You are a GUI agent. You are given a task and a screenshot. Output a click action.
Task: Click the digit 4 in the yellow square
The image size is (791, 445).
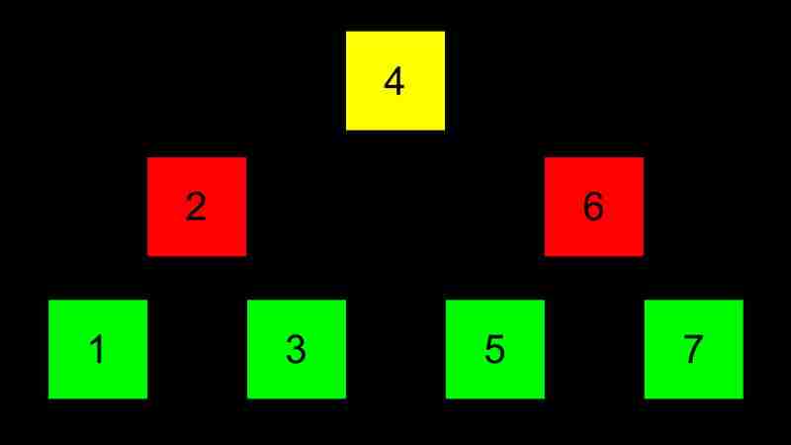pyautogui.click(x=394, y=81)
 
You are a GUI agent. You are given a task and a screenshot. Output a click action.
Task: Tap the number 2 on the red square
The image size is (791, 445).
pyautogui.click(x=196, y=207)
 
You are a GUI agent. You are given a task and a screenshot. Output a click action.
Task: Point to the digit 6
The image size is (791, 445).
pyautogui.click(x=593, y=207)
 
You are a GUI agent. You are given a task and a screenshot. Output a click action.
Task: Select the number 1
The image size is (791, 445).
pyautogui.click(x=97, y=349)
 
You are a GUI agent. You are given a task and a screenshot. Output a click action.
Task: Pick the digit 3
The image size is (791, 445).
pyautogui.click(x=296, y=349)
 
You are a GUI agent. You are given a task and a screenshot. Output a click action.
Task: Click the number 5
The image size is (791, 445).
pyautogui.click(x=494, y=349)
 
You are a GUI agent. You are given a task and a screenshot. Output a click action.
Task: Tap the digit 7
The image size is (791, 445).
pyautogui.click(x=693, y=349)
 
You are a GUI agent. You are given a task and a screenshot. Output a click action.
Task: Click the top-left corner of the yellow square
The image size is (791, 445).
pyautogui.click(x=346, y=32)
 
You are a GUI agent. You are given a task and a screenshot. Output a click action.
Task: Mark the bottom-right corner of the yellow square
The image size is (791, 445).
pyautogui.click(x=445, y=131)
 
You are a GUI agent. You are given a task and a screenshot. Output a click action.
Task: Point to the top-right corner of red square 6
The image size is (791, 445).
pyautogui.click(x=644, y=157)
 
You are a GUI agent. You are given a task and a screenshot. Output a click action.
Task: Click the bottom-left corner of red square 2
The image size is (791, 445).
pyautogui.click(x=147, y=256)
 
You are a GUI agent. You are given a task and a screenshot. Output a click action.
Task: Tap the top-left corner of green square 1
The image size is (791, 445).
pyautogui.click(x=48, y=301)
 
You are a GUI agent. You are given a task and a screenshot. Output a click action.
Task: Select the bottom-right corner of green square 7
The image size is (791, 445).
pyautogui.click(x=744, y=399)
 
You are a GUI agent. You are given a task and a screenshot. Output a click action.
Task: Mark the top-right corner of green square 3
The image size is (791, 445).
pyautogui.click(x=346, y=301)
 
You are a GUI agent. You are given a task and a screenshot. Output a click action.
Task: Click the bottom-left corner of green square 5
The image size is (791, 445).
pyautogui.click(x=446, y=399)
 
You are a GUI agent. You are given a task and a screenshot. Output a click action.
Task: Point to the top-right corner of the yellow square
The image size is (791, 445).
pyautogui.click(x=445, y=32)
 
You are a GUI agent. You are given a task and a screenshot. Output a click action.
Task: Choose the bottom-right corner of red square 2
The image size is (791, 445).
pyautogui.click(x=246, y=256)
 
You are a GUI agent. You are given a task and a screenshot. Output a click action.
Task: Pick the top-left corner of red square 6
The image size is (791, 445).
pyautogui.click(x=545, y=157)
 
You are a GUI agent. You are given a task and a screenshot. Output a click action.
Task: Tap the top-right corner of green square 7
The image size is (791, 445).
pyautogui.click(x=744, y=301)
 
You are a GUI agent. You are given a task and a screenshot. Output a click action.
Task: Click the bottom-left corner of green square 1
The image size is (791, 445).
pyautogui.click(x=48, y=399)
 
